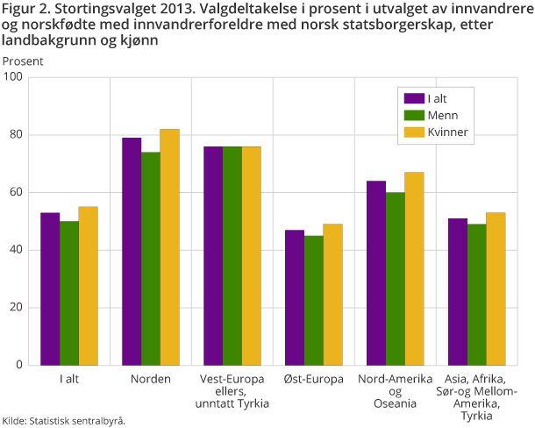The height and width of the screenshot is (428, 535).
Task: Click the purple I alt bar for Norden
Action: tap(132, 251)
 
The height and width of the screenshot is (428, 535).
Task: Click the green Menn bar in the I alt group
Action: tap(69, 293)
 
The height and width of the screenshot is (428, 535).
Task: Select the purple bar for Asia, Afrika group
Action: tap(458, 291)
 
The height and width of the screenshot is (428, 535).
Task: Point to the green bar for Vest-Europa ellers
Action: tap(232, 255)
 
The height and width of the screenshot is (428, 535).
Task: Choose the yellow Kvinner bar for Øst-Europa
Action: tap(332, 294)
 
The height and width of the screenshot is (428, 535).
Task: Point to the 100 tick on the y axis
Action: tap(14, 77)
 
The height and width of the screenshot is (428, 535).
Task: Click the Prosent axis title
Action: tap(22, 61)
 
